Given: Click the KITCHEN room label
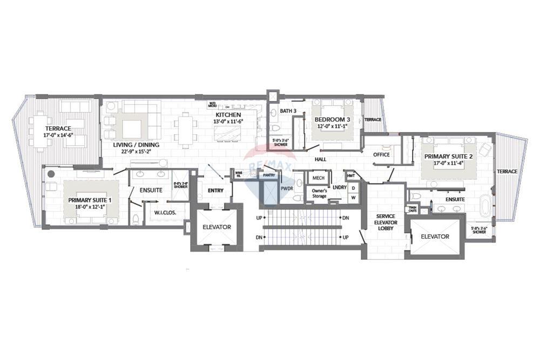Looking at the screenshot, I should click(x=224, y=115).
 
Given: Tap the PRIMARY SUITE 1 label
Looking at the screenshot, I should click(x=90, y=200).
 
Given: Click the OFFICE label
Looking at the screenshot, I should click(x=381, y=154).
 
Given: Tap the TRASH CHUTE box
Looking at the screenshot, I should click(x=412, y=209).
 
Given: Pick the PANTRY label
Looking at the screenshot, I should click(x=268, y=175).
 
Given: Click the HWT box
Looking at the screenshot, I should click(x=351, y=176).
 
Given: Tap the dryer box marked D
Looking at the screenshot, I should click(x=353, y=187).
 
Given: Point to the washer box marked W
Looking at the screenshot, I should click(x=353, y=197).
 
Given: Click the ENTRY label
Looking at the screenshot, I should click(x=215, y=190).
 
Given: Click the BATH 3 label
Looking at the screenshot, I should click(x=288, y=111).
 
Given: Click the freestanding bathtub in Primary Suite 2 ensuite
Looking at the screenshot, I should click(x=485, y=207).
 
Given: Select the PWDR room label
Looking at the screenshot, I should click(x=286, y=188).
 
